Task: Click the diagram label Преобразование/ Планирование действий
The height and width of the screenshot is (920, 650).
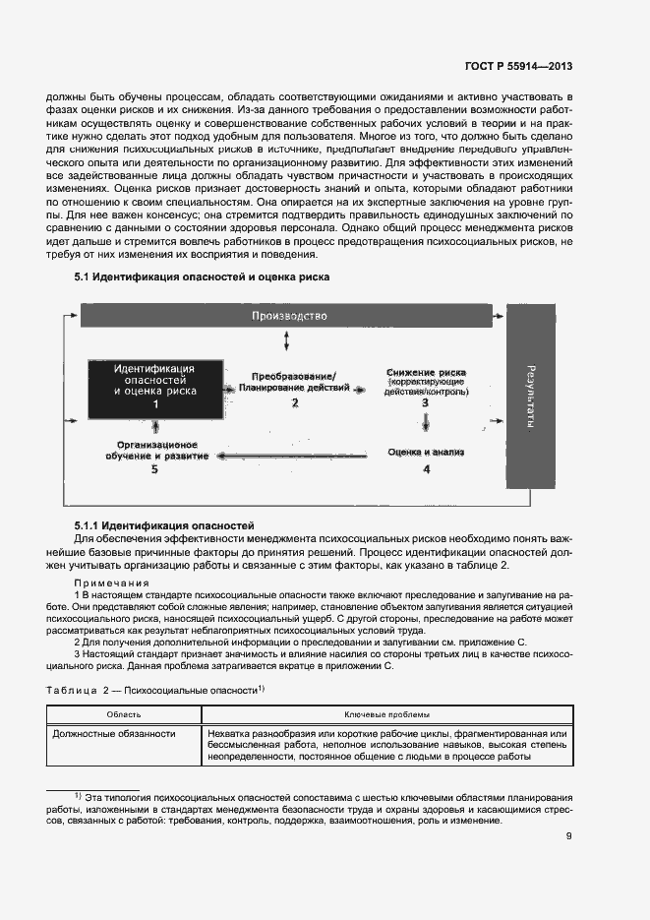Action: (294, 383)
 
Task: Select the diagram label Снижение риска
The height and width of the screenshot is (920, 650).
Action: (426, 373)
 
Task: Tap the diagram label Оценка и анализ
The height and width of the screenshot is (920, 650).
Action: (425, 452)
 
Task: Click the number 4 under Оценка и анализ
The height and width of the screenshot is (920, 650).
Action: (426, 470)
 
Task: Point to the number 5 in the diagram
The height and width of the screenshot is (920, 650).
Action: (154, 470)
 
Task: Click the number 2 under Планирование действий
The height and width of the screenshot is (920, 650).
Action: (294, 403)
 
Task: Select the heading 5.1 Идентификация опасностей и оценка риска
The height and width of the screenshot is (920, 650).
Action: (202, 277)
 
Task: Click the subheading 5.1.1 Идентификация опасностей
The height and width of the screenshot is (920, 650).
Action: (164, 526)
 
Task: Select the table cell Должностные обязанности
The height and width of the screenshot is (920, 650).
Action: (114, 734)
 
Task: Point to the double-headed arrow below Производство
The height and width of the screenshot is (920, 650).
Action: (286, 340)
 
